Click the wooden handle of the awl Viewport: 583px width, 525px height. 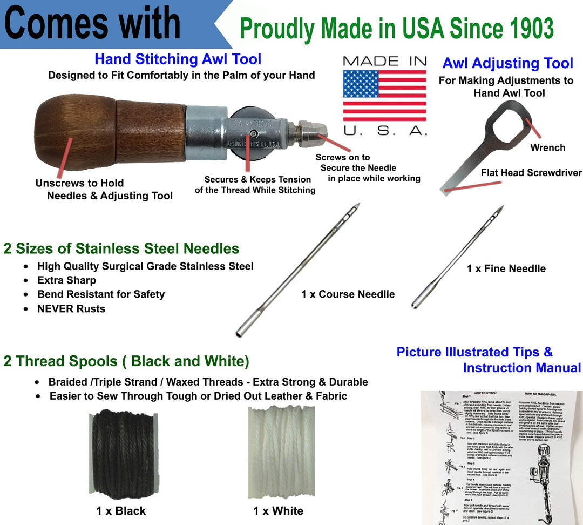pyautogui.click(x=108, y=132)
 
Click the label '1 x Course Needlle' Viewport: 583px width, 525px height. pyautogui.click(x=348, y=294)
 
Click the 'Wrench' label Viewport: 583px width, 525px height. pyautogui.click(x=547, y=147)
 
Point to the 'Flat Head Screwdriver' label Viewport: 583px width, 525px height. pyautogui.click(x=531, y=173)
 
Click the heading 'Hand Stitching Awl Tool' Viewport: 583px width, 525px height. pyautogui.click(x=178, y=59)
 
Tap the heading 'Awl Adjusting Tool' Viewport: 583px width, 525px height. pyautogui.click(x=507, y=63)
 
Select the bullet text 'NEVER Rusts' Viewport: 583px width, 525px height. pyautogui.click(x=71, y=309)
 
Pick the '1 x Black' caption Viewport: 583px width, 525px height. pyautogui.click(x=120, y=511)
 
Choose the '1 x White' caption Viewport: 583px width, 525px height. pyautogui.click(x=278, y=511)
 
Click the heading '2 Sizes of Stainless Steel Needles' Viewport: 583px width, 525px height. pyautogui.click(x=121, y=248)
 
